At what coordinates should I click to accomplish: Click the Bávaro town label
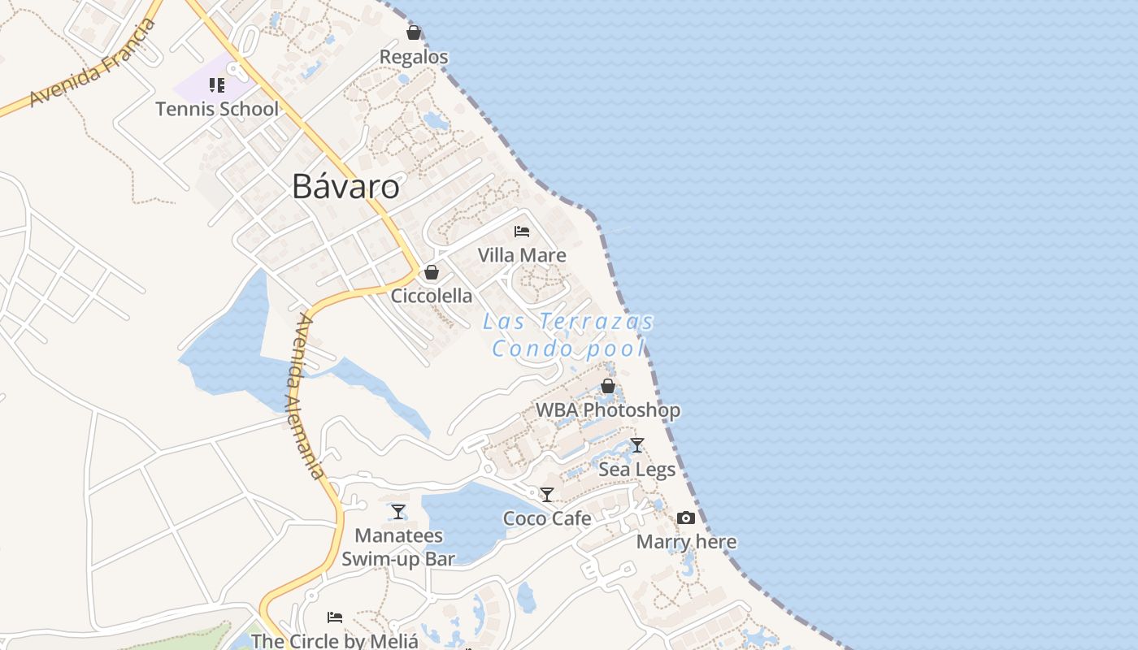click(345, 187)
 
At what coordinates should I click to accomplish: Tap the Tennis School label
click(217, 109)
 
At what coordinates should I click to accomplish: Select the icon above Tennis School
click(217, 85)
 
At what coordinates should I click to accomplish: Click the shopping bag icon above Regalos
click(414, 33)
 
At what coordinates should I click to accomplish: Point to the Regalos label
click(414, 57)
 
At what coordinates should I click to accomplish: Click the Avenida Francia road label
click(92, 63)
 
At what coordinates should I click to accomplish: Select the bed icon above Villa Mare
click(522, 232)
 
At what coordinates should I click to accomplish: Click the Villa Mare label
click(522, 255)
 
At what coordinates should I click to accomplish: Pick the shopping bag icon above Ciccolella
click(432, 272)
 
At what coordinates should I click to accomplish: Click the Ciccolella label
click(432, 296)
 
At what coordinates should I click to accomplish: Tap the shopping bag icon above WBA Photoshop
click(607, 386)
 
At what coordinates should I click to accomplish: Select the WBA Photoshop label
click(607, 410)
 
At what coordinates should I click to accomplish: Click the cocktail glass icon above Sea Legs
click(637, 445)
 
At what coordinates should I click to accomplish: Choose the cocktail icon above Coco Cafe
click(547, 494)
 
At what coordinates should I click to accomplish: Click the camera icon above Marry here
click(686, 518)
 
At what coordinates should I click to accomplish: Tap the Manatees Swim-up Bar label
click(398, 547)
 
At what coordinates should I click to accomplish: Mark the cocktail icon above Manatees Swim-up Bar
click(398, 511)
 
